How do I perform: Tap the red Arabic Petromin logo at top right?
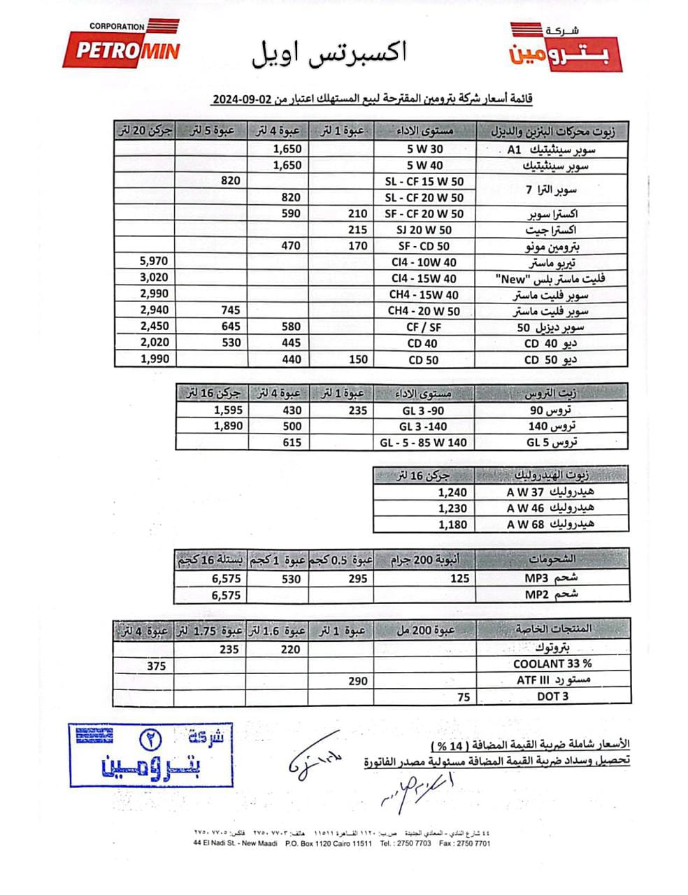tap(565, 46)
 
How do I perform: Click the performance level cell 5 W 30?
tap(424, 149)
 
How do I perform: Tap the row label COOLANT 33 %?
tap(552, 664)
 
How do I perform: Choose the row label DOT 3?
tap(552, 696)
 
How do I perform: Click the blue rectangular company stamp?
tap(151, 755)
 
